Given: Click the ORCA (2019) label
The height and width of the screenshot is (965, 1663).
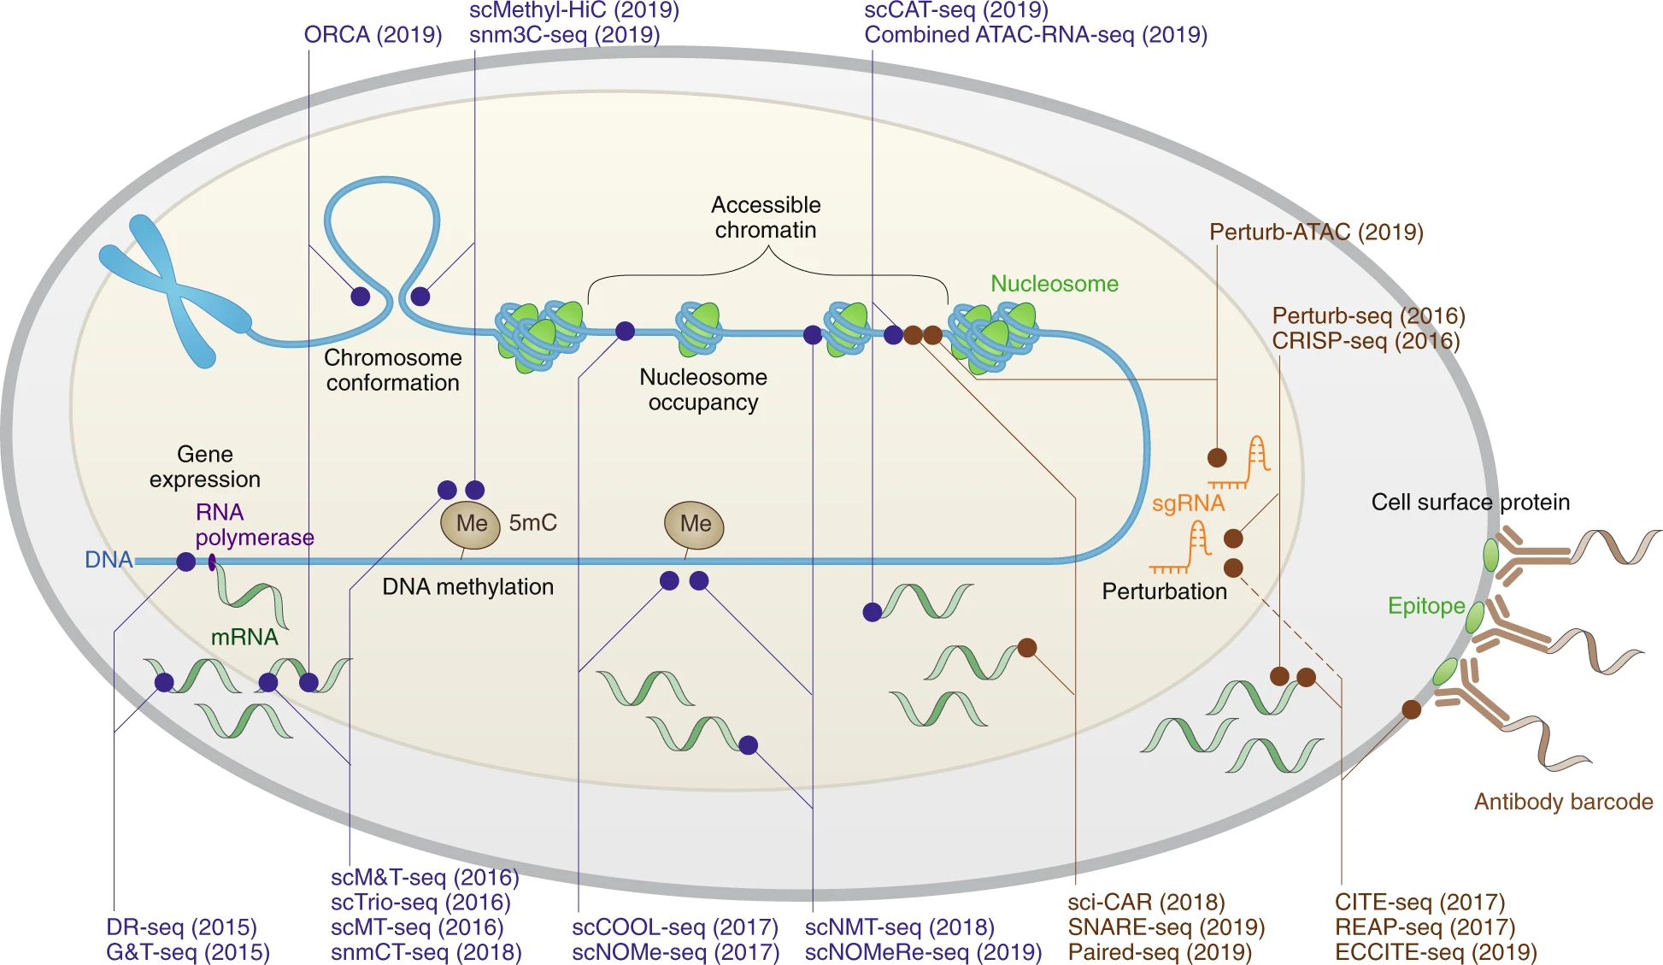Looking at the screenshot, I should [373, 35].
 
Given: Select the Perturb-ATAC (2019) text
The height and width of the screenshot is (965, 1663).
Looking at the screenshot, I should [1315, 232].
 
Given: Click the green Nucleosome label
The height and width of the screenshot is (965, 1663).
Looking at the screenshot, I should [1054, 284].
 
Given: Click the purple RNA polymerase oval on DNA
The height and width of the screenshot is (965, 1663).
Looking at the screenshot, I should [211, 562].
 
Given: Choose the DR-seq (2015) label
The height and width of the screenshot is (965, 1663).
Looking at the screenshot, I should [181, 927].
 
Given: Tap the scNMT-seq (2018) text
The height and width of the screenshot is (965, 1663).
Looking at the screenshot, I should [899, 927].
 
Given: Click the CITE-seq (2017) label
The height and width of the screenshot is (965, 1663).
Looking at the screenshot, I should [1419, 903].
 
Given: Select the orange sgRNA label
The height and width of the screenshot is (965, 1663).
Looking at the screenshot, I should [1188, 503].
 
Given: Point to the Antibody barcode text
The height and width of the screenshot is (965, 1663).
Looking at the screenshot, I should [1562, 802].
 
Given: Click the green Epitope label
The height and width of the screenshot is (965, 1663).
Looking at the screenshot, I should [1425, 606].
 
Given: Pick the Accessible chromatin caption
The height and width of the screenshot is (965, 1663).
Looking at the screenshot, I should [766, 217].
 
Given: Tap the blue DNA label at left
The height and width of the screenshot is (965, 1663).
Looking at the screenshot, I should [109, 560].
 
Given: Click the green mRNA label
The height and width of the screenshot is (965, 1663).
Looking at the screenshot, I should [244, 637].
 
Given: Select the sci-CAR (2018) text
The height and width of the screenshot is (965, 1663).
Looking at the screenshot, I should [1145, 903].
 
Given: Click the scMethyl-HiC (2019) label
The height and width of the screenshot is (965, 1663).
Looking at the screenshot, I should [574, 10].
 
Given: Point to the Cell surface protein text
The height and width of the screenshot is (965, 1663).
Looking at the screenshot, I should [1470, 502].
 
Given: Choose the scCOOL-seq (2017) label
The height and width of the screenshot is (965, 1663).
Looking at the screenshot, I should [675, 927].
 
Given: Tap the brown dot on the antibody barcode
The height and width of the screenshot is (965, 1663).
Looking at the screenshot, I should [1411, 709].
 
